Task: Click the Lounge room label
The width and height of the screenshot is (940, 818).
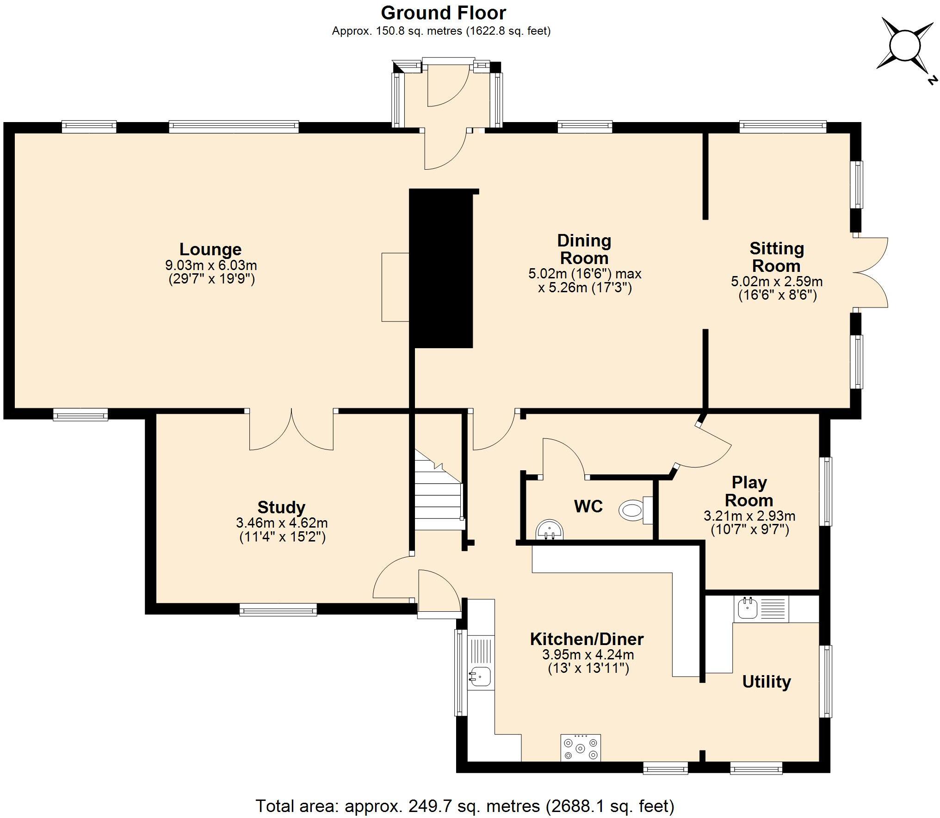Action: [x=210, y=249]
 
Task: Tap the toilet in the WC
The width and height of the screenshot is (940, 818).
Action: [x=636, y=510]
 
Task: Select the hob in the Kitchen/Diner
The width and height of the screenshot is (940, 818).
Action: [x=581, y=747]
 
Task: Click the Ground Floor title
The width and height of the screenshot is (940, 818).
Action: [x=443, y=13]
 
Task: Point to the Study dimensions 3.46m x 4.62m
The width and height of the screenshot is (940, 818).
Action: [x=282, y=523]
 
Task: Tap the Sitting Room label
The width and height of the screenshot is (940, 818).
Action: [x=777, y=257]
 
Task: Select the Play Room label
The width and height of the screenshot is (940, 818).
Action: [x=749, y=491]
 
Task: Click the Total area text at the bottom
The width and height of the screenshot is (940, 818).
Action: [x=465, y=806]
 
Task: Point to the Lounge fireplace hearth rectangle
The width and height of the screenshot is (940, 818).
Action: [x=396, y=287]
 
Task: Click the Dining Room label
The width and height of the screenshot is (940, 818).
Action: [x=584, y=249]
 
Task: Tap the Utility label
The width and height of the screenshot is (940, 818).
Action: [x=767, y=682]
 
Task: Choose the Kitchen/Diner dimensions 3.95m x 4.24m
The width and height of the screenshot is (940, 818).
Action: [x=588, y=655]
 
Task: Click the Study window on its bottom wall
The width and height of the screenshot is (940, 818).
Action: [x=278, y=610]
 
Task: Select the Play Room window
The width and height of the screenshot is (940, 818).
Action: [x=826, y=491]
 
